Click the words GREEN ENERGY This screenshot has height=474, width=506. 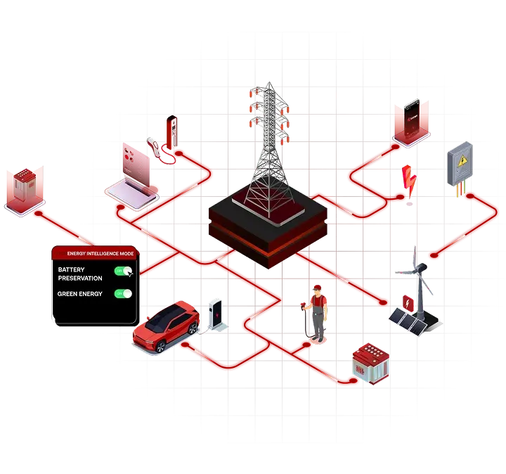[80, 294]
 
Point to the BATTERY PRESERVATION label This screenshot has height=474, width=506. [79, 274]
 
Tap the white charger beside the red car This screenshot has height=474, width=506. [216, 314]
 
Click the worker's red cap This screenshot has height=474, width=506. [318, 288]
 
